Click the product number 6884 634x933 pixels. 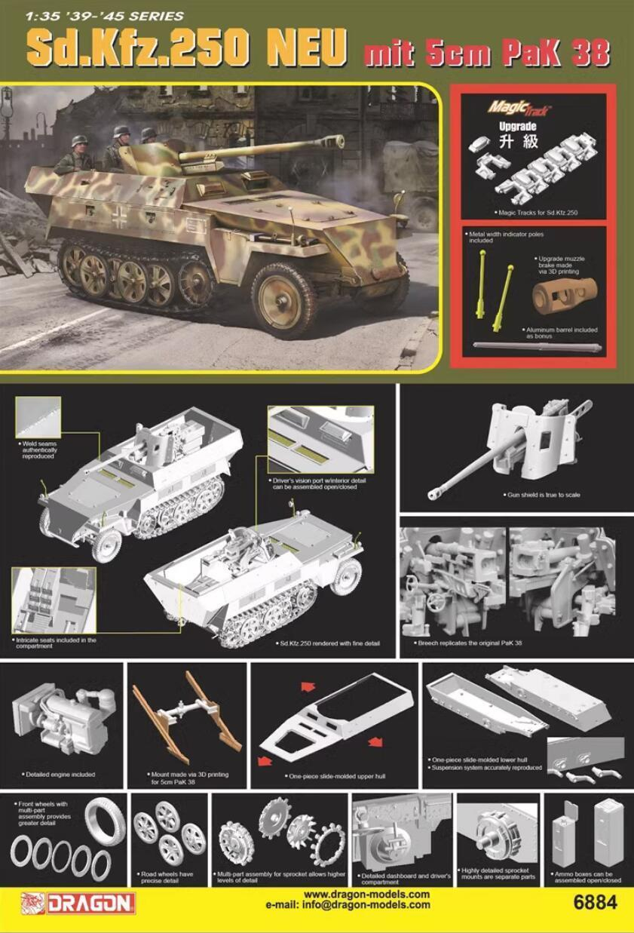[596, 902]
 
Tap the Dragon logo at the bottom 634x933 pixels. [78, 902]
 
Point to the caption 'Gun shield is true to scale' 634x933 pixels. [543, 495]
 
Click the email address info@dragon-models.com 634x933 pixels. [348, 905]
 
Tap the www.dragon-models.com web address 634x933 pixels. [366, 895]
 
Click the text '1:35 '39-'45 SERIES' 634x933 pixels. [93, 16]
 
